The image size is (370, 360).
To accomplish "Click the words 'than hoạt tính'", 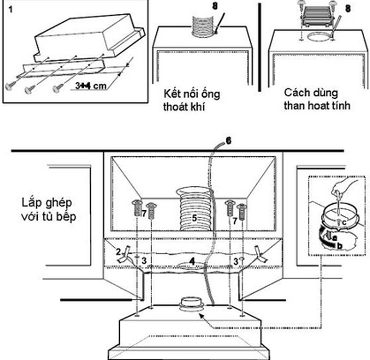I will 311,105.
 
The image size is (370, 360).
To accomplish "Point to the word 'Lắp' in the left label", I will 31,202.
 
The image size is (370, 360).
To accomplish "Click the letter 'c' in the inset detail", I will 344,222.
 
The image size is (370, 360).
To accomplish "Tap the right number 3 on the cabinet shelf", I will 235,261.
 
